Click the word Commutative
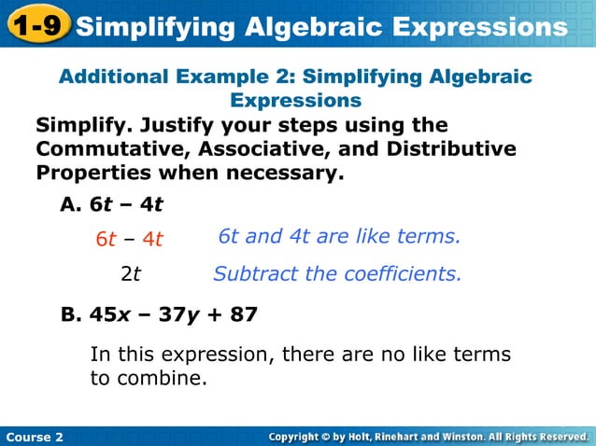pos(108,149)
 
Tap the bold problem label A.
pos(71,205)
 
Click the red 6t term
pos(106,239)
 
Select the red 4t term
pos(152,239)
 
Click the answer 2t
pos(130,274)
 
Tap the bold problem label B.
pos(71,315)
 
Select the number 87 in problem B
pos(243,315)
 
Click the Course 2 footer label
pos(35,437)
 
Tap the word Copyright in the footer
pos(305,437)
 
